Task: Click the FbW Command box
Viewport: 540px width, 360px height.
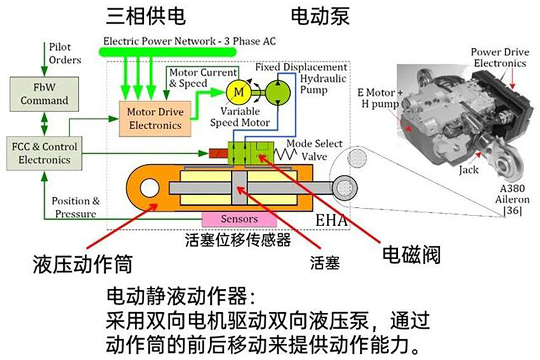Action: click(x=44, y=93)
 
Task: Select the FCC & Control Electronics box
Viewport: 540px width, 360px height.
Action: click(x=44, y=153)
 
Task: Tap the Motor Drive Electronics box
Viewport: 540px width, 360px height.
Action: click(x=155, y=119)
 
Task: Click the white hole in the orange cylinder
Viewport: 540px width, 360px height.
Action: click(x=149, y=189)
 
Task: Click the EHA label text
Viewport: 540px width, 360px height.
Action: click(x=331, y=220)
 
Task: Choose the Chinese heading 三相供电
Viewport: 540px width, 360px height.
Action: click(x=146, y=16)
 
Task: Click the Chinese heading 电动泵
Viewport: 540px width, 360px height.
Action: click(x=320, y=16)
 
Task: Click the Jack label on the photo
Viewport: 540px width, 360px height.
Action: click(x=468, y=169)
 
